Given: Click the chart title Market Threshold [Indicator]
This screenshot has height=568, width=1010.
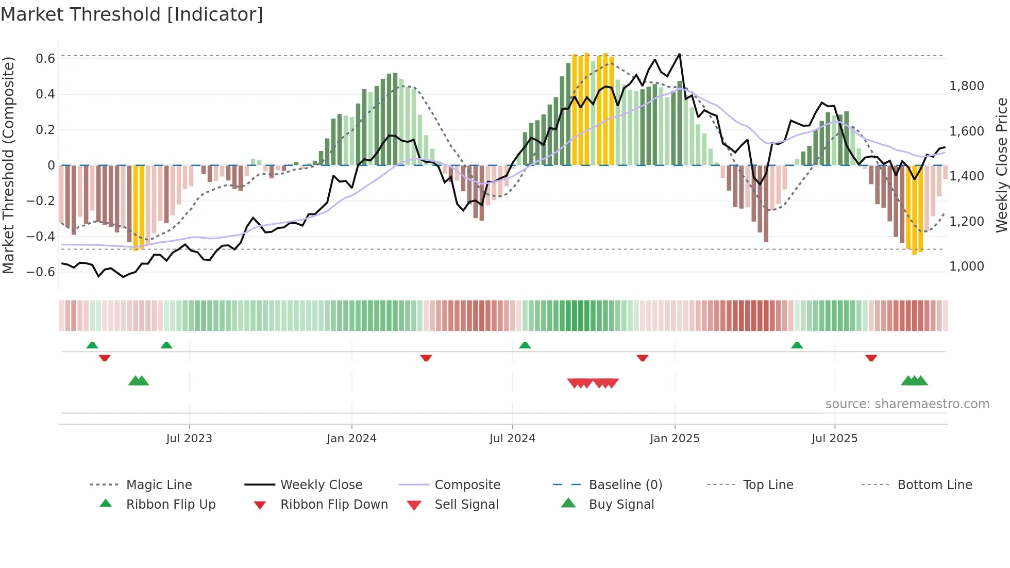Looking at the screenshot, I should click(132, 14).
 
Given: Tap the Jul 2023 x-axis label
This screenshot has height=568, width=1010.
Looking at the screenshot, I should click(189, 439).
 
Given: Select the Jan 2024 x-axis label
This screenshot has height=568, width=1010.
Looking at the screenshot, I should click(351, 439).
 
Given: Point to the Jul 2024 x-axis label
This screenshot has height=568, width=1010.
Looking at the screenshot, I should click(512, 439).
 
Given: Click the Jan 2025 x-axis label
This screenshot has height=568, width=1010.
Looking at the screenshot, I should click(675, 439).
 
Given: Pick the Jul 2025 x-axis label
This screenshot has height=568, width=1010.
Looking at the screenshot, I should click(834, 439).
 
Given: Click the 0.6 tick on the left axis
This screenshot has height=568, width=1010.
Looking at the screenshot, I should click(45, 59).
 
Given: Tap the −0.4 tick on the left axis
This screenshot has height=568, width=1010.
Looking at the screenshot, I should click(41, 237).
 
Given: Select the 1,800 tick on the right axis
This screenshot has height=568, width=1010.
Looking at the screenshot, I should click(967, 86).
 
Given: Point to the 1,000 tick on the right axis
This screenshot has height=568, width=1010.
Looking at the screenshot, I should click(967, 266).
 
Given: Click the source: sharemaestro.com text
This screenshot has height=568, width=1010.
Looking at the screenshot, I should click(907, 404).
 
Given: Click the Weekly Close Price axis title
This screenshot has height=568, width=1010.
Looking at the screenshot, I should click(1001, 165).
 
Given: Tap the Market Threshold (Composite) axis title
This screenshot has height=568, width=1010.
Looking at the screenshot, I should click(8, 165).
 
